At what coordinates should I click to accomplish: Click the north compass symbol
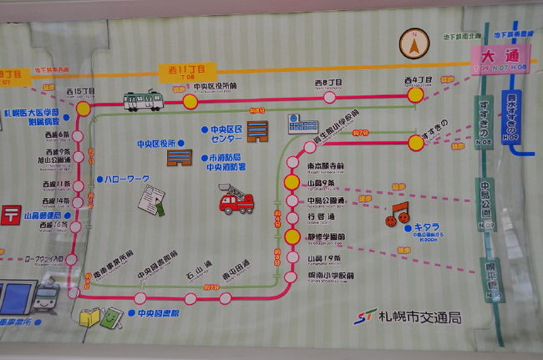[x=413, y=43]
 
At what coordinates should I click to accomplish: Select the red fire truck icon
[x=236, y=200]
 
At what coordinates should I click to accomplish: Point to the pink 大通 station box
[x=501, y=58]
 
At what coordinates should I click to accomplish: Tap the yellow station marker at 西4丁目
[x=416, y=96]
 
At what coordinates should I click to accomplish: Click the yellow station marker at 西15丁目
[x=83, y=109]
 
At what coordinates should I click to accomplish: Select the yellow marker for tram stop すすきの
[x=416, y=142]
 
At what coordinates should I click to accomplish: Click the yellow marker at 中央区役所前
[x=190, y=102]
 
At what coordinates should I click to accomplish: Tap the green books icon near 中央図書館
[x=99, y=317]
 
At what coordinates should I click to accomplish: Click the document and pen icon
[x=151, y=200]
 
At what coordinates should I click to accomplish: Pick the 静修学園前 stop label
[x=327, y=236]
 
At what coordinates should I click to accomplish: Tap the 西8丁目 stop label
[x=327, y=83]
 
